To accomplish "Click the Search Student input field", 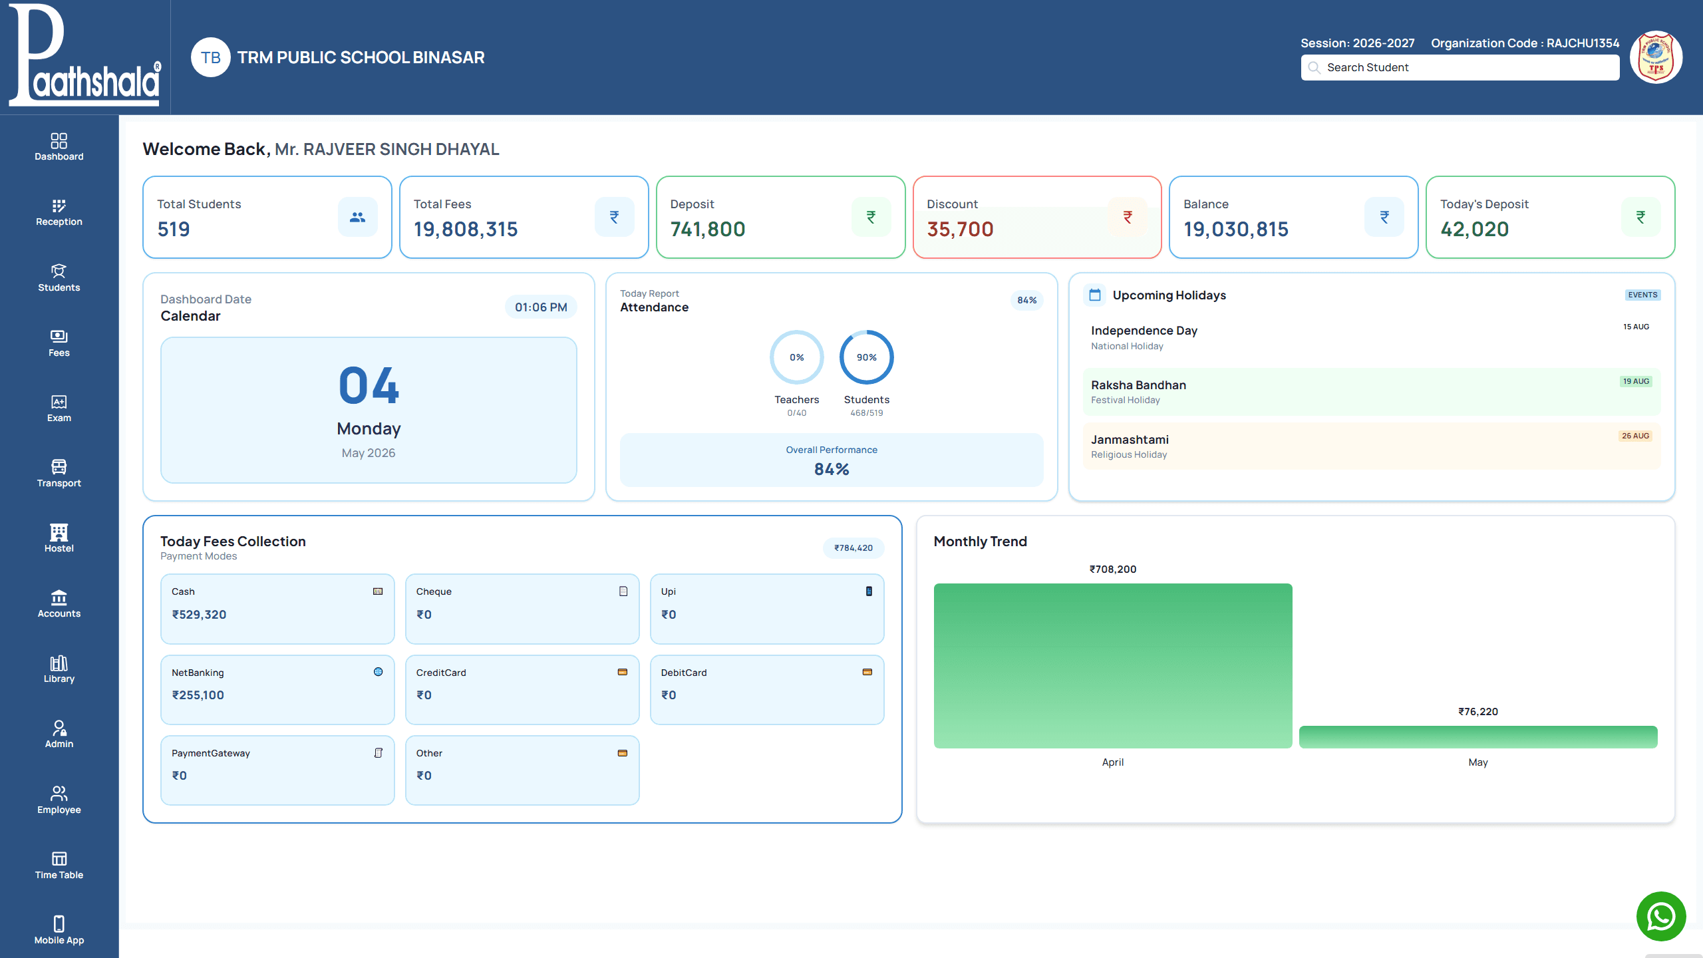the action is pyautogui.click(x=1460, y=67).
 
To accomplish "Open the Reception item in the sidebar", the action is pyautogui.click(x=59, y=212).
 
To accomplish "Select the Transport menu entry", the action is pyautogui.click(x=59, y=474).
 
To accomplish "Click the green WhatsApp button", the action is pyautogui.click(x=1661, y=917).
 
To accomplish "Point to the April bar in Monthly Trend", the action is pyautogui.click(x=1113, y=665).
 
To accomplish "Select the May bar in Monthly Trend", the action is pyautogui.click(x=1478, y=737).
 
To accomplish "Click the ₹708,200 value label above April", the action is pyautogui.click(x=1113, y=569).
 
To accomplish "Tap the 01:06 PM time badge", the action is pyautogui.click(x=541, y=307).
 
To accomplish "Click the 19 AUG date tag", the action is pyautogui.click(x=1636, y=381).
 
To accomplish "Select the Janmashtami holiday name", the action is pyautogui.click(x=1130, y=440).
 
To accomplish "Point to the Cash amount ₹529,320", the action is pyautogui.click(x=199, y=615).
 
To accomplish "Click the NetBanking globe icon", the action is pyautogui.click(x=378, y=672).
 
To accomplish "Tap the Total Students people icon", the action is pyautogui.click(x=358, y=217).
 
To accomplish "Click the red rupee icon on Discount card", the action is pyautogui.click(x=1128, y=217).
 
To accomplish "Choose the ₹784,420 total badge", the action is pyautogui.click(x=853, y=548).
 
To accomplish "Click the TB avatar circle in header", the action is pyautogui.click(x=211, y=57).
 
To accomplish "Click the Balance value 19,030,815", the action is pyautogui.click(x=1236, y=230).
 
